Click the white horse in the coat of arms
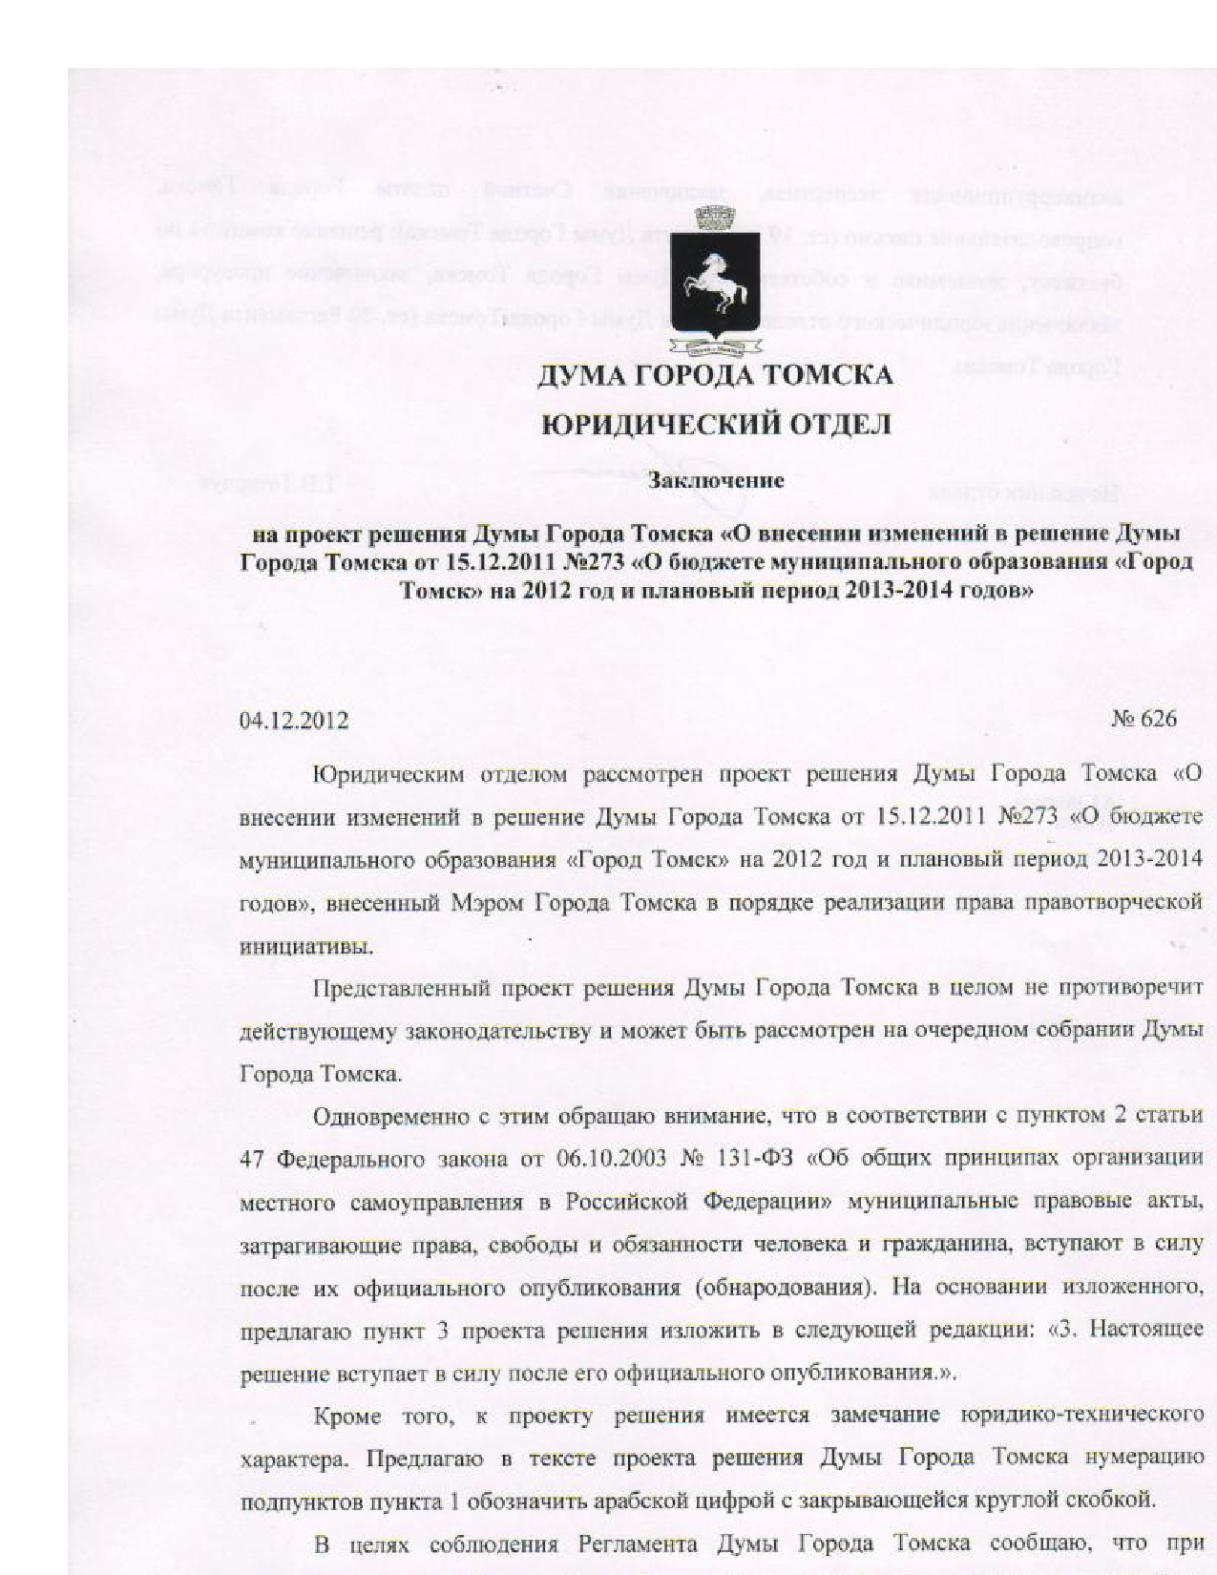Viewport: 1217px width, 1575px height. (714, 277)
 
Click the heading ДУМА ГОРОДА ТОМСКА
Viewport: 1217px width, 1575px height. (715, 375)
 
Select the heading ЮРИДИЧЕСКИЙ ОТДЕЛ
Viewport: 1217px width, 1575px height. (716, 425)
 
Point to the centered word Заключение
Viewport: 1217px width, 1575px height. (716, 480)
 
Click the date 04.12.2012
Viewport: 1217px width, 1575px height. (293, 720)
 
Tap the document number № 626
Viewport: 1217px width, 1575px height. (1144, 718)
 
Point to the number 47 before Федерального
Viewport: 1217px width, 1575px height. (250, 1159)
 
